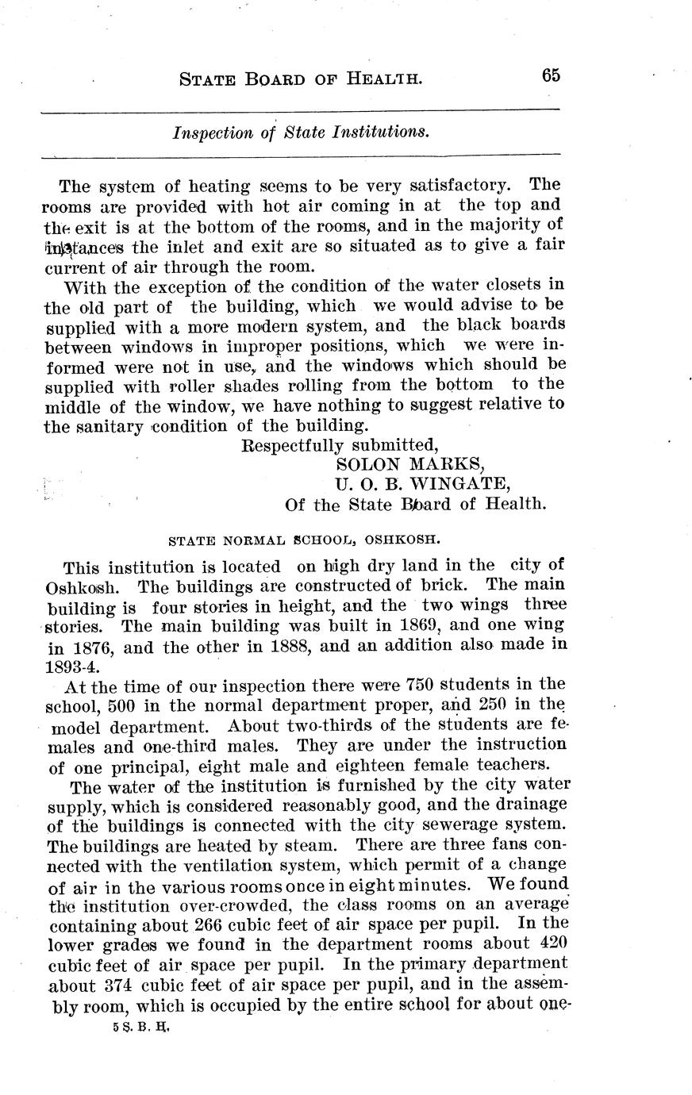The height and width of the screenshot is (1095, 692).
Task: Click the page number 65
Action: point(551,75)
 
